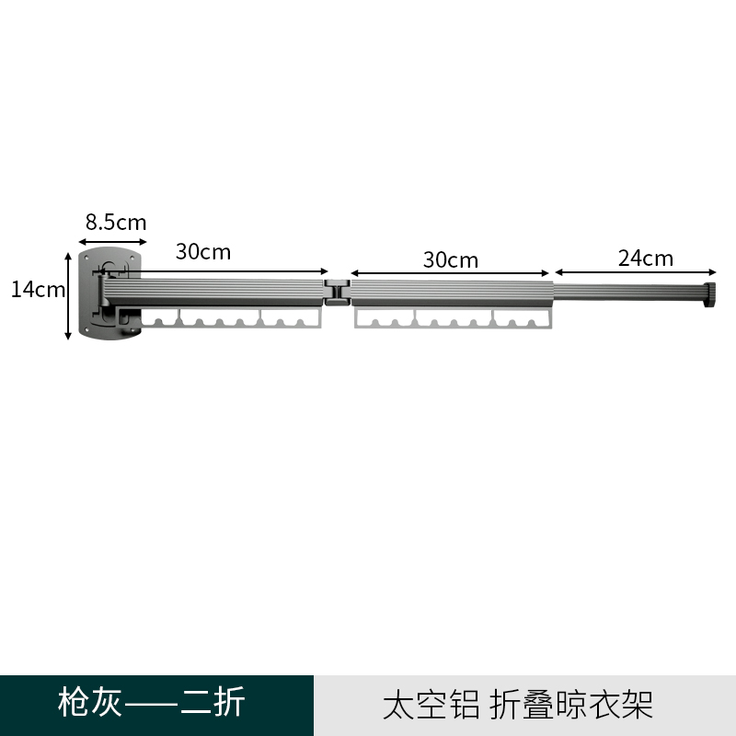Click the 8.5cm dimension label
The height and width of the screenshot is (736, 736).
coord(116,222)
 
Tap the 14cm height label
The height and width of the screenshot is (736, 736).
coord(38,290)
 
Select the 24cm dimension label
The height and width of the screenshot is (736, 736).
coord(646,259)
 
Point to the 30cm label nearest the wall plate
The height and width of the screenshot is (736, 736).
coord(203,252)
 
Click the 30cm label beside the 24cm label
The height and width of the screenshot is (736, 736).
coord(451,260)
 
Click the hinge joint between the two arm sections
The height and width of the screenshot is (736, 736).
coord(337,293)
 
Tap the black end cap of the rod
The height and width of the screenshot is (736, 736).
coord(709,294)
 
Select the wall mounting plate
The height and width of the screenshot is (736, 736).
coord(109,293)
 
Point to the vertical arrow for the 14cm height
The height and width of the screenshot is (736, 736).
coord(68,296)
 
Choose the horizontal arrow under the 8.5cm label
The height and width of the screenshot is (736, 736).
coord(112,242)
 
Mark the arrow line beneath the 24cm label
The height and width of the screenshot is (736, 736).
coord(636,272)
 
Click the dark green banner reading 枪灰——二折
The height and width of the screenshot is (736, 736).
coord(156,706)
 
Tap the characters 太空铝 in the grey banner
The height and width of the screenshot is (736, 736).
coord(431,705)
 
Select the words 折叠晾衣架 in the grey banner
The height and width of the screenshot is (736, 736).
coord(571,705)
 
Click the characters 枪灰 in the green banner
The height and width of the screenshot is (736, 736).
coord(90,702)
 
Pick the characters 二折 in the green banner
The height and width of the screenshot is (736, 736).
coord(213,702)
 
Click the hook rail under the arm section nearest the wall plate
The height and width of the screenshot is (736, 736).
coord(232,318)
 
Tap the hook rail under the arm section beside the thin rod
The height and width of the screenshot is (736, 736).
coord(453,318)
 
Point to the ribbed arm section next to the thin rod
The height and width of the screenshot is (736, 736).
coord(453,293)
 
